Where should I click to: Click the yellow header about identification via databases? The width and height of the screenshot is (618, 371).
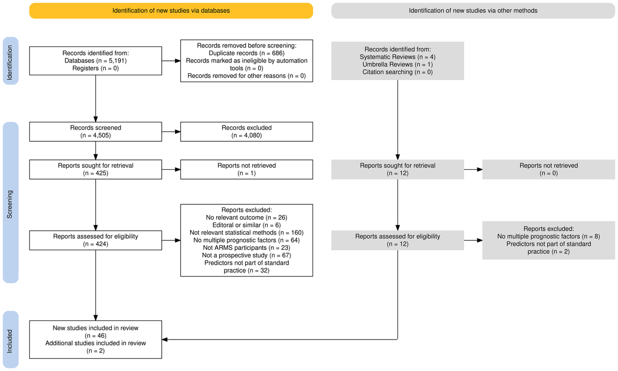coord(171,10)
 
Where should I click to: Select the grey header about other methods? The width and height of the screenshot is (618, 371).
coord(473,10)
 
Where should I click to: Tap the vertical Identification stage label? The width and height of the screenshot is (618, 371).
coord(11,61)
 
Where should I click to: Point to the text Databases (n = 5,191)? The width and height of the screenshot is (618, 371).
coord(96,60)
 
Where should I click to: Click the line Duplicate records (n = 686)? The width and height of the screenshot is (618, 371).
coord(247,53)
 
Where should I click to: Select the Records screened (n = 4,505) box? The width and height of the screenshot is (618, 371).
coord(96,132)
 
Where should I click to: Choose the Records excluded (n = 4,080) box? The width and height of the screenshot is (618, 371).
coord(247,132)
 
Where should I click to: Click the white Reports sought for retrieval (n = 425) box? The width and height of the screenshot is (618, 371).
coord(96,170)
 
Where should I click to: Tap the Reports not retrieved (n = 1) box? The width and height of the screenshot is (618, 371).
coord(247,170)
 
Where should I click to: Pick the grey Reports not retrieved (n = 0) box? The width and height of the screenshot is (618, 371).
coord(548,170)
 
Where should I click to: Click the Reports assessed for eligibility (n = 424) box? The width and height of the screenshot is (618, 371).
coord(96,240)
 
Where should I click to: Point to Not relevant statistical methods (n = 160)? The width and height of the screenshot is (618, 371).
coord(247,233)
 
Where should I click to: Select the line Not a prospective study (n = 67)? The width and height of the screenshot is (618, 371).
coord(247,255)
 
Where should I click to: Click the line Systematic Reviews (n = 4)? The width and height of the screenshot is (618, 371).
coord(398,57)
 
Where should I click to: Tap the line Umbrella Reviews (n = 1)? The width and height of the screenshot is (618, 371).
coord(398,64)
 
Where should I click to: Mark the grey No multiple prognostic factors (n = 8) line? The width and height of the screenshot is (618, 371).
coord(548,236)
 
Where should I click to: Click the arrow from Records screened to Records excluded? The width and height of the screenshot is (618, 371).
coord(171,132)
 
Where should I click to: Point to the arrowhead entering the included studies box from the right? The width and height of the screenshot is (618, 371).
coord(165,339)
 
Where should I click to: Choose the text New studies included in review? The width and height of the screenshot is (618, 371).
coord(96,328)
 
